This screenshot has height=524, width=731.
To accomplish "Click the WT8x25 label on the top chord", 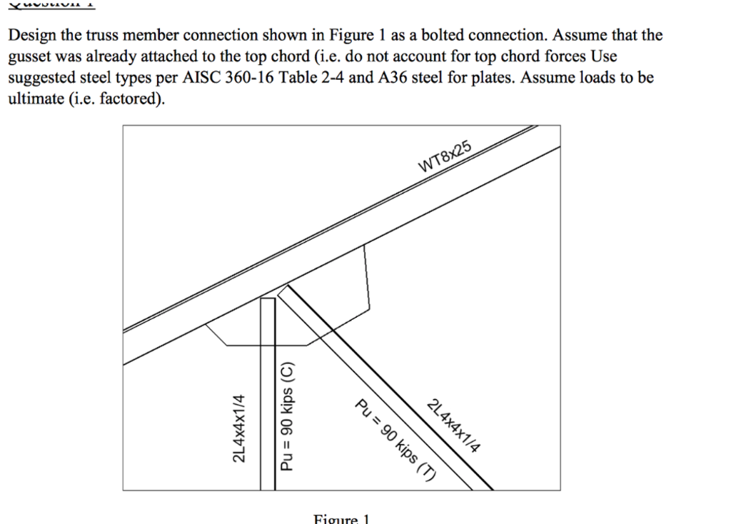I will click(x=445, y=157).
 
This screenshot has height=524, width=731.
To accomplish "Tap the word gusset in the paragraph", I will click(x=29, y=56).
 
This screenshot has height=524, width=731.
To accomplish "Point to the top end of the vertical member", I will click(x=268, y=298).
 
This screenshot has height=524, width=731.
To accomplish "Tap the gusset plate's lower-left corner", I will click(x=226, y=344).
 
